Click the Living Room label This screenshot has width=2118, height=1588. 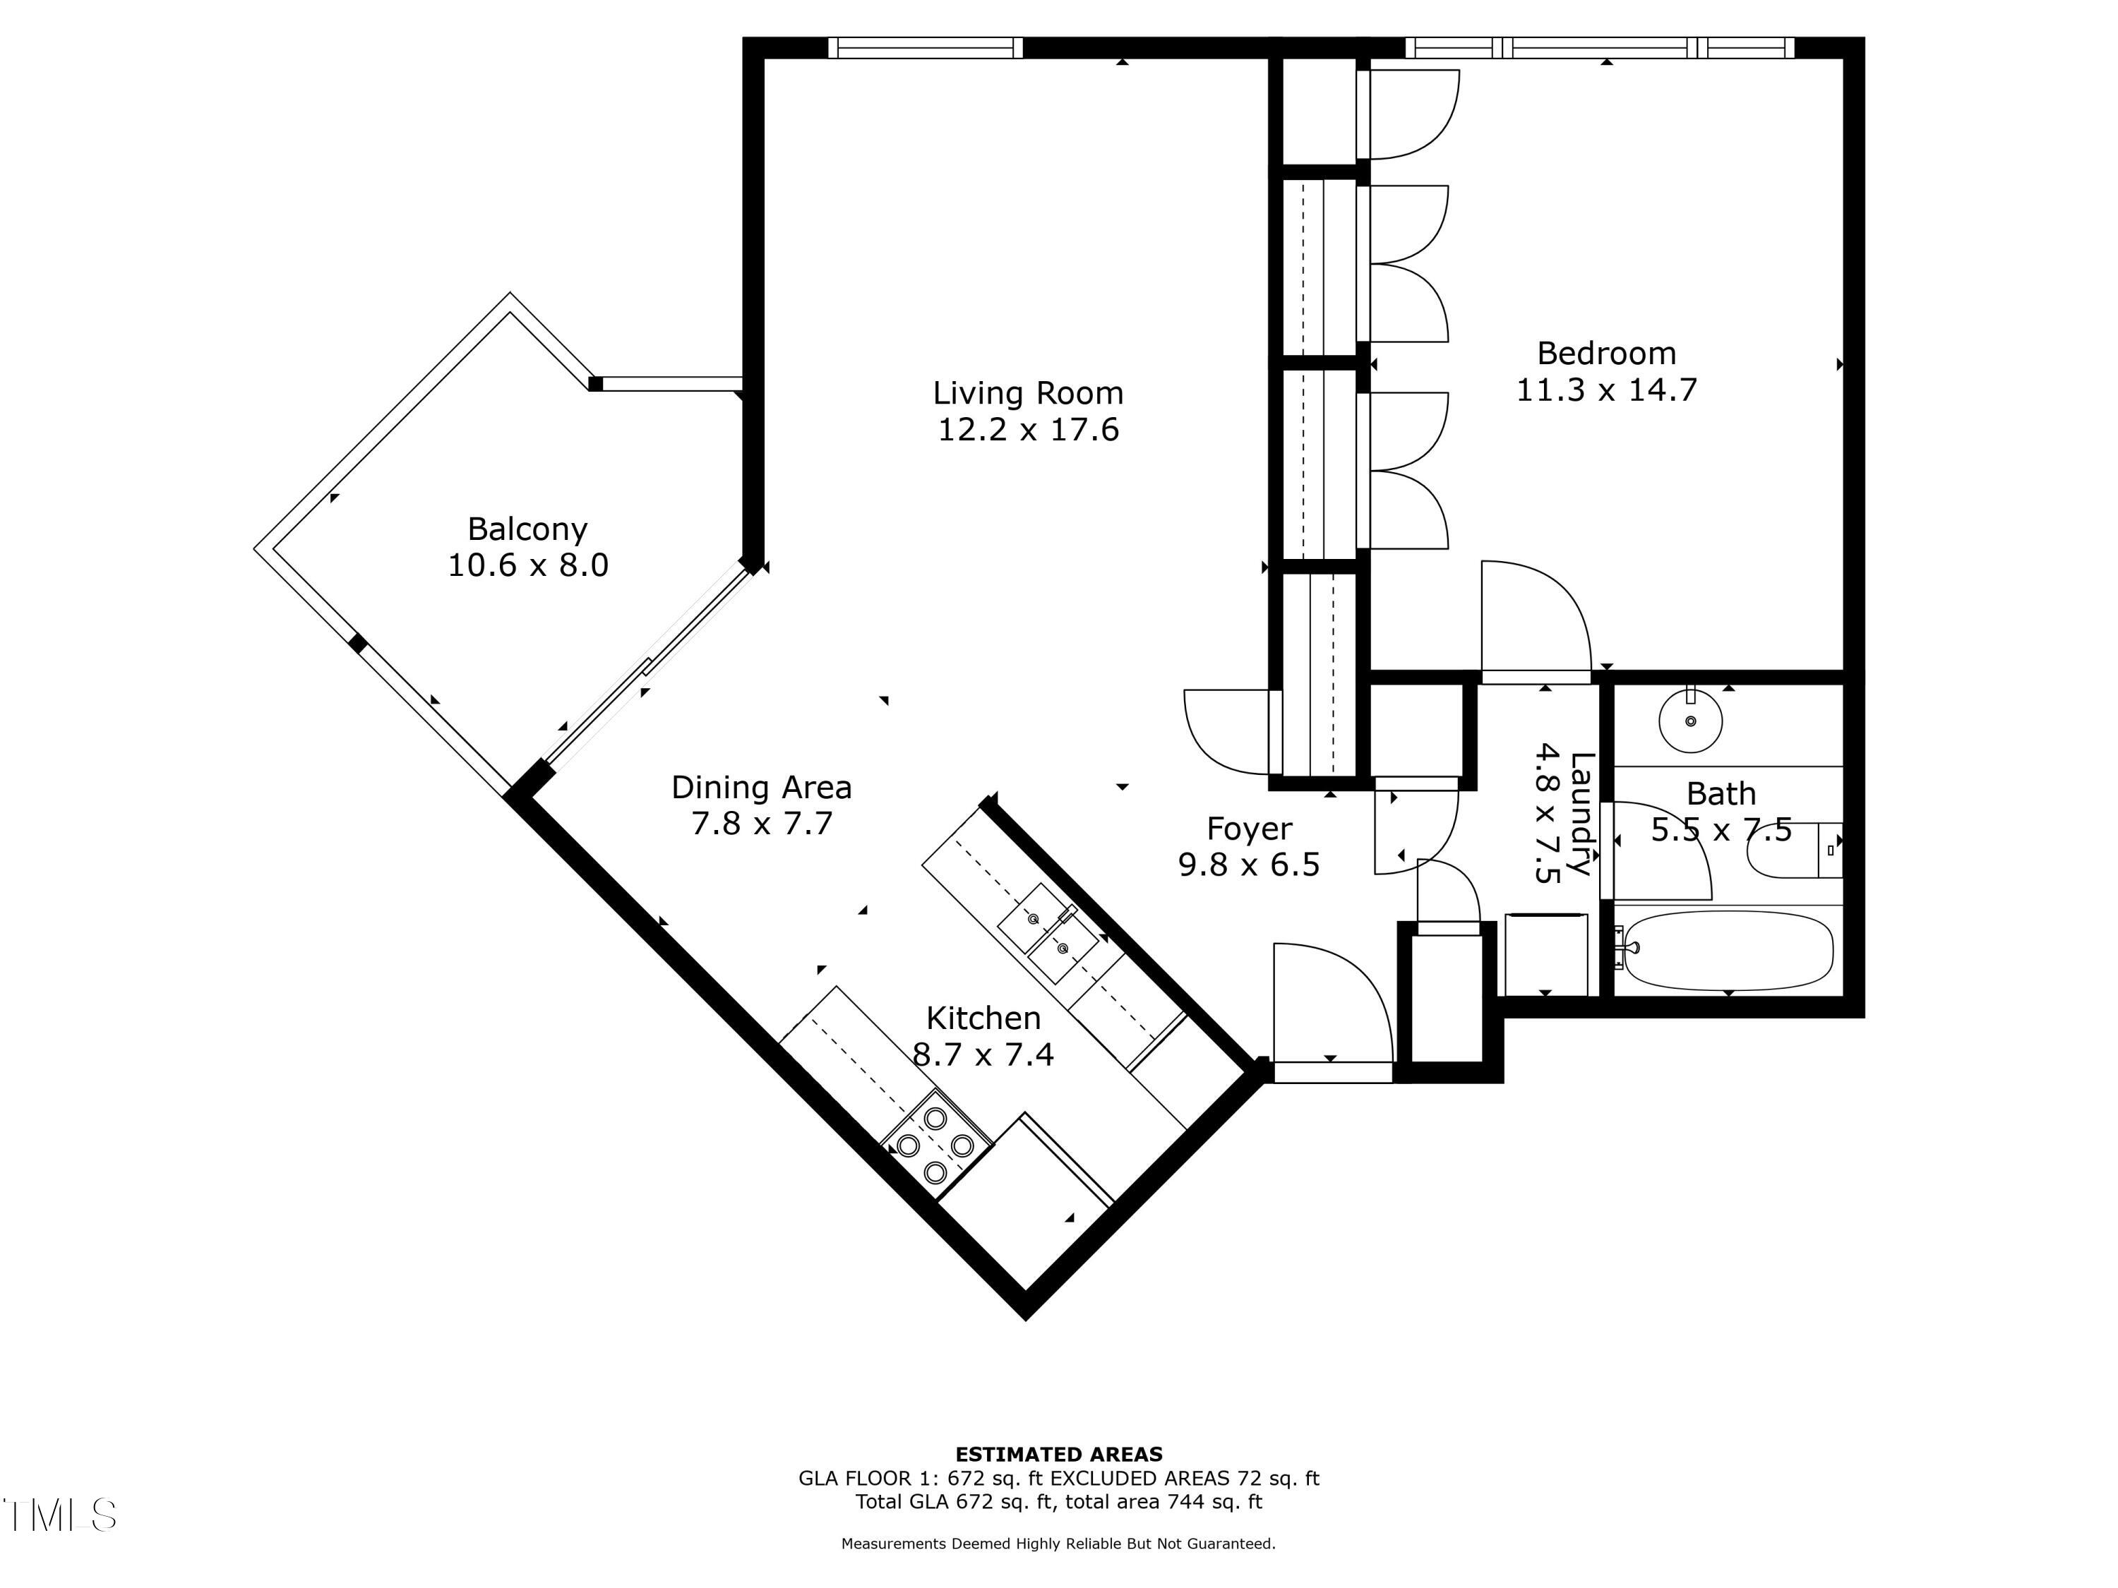coord(1027,393)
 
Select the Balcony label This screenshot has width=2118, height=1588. coord(527,529)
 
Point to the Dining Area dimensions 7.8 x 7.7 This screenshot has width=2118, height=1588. coord(761,823)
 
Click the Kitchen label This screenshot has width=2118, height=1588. coord(983,1018)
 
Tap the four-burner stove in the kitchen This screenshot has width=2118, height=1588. coord(935,1145)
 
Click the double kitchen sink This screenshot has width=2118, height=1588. coord(1048,933)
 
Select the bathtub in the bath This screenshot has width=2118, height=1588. coord(1728,949)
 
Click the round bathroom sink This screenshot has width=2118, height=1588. coord(1690,721)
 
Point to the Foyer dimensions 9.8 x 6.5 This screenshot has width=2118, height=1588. coord(1249,865)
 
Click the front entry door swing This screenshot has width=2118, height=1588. coord(1331,1005)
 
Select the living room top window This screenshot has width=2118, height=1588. coord(925,48)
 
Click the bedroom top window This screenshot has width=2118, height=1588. coord(1599,48)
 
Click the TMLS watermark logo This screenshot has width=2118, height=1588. coord(59,1515)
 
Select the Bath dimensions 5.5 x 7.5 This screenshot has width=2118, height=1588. coord(1721,830)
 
